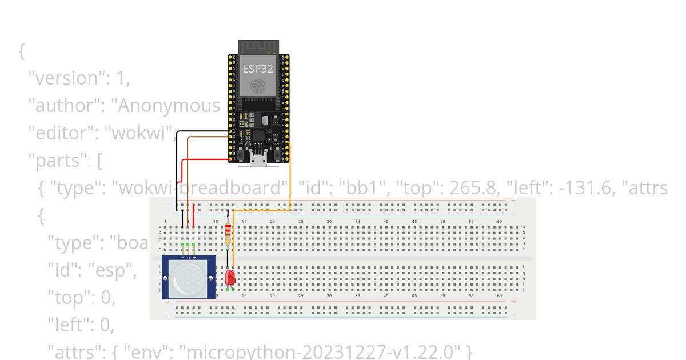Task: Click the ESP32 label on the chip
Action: click(258, 68)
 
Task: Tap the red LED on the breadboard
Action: click(230, 278)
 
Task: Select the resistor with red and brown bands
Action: click(228, 231)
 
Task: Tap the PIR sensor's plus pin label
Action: click(194, 258)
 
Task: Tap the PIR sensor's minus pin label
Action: click(183, 258)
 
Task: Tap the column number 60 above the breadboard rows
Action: click(500, 221)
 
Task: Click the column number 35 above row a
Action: click(357, 221)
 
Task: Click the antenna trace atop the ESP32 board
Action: click(258, 46)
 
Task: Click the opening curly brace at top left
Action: click(22, 51)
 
